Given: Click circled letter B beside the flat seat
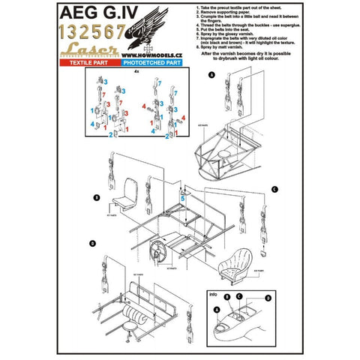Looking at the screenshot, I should [97, 197].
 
